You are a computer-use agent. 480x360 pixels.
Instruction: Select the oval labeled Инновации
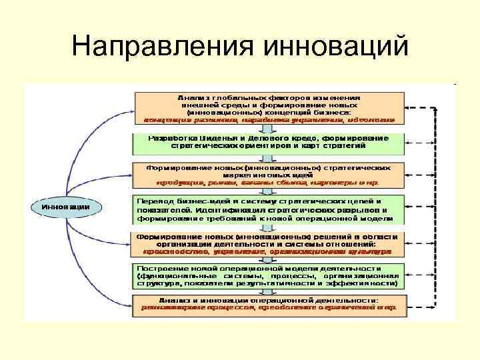[65, 207]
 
